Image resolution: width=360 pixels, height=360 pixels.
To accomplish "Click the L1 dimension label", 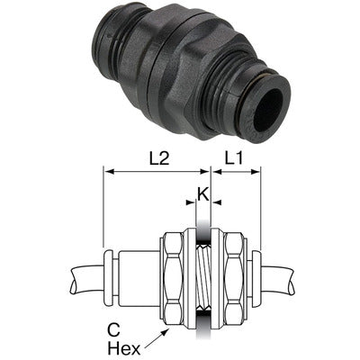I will (237, 157).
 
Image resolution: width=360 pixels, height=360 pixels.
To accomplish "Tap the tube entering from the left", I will (86, 274).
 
